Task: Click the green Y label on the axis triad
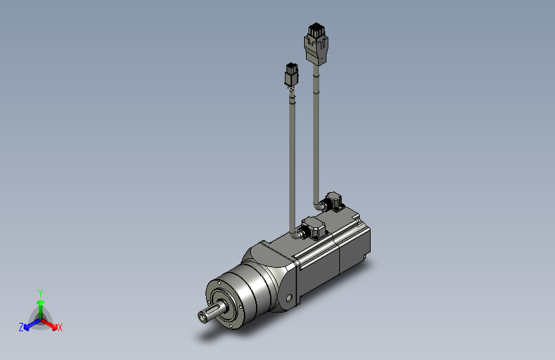[40, 293]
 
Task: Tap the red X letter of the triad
[60, 327]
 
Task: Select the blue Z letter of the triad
[21, 327]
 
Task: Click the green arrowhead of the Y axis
[41, 302]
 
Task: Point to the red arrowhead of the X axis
[54, 327]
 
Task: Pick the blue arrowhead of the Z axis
[26, 327]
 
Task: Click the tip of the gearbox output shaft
[203, 317]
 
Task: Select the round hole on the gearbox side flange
[289, 298]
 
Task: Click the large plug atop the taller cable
[316, 44]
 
